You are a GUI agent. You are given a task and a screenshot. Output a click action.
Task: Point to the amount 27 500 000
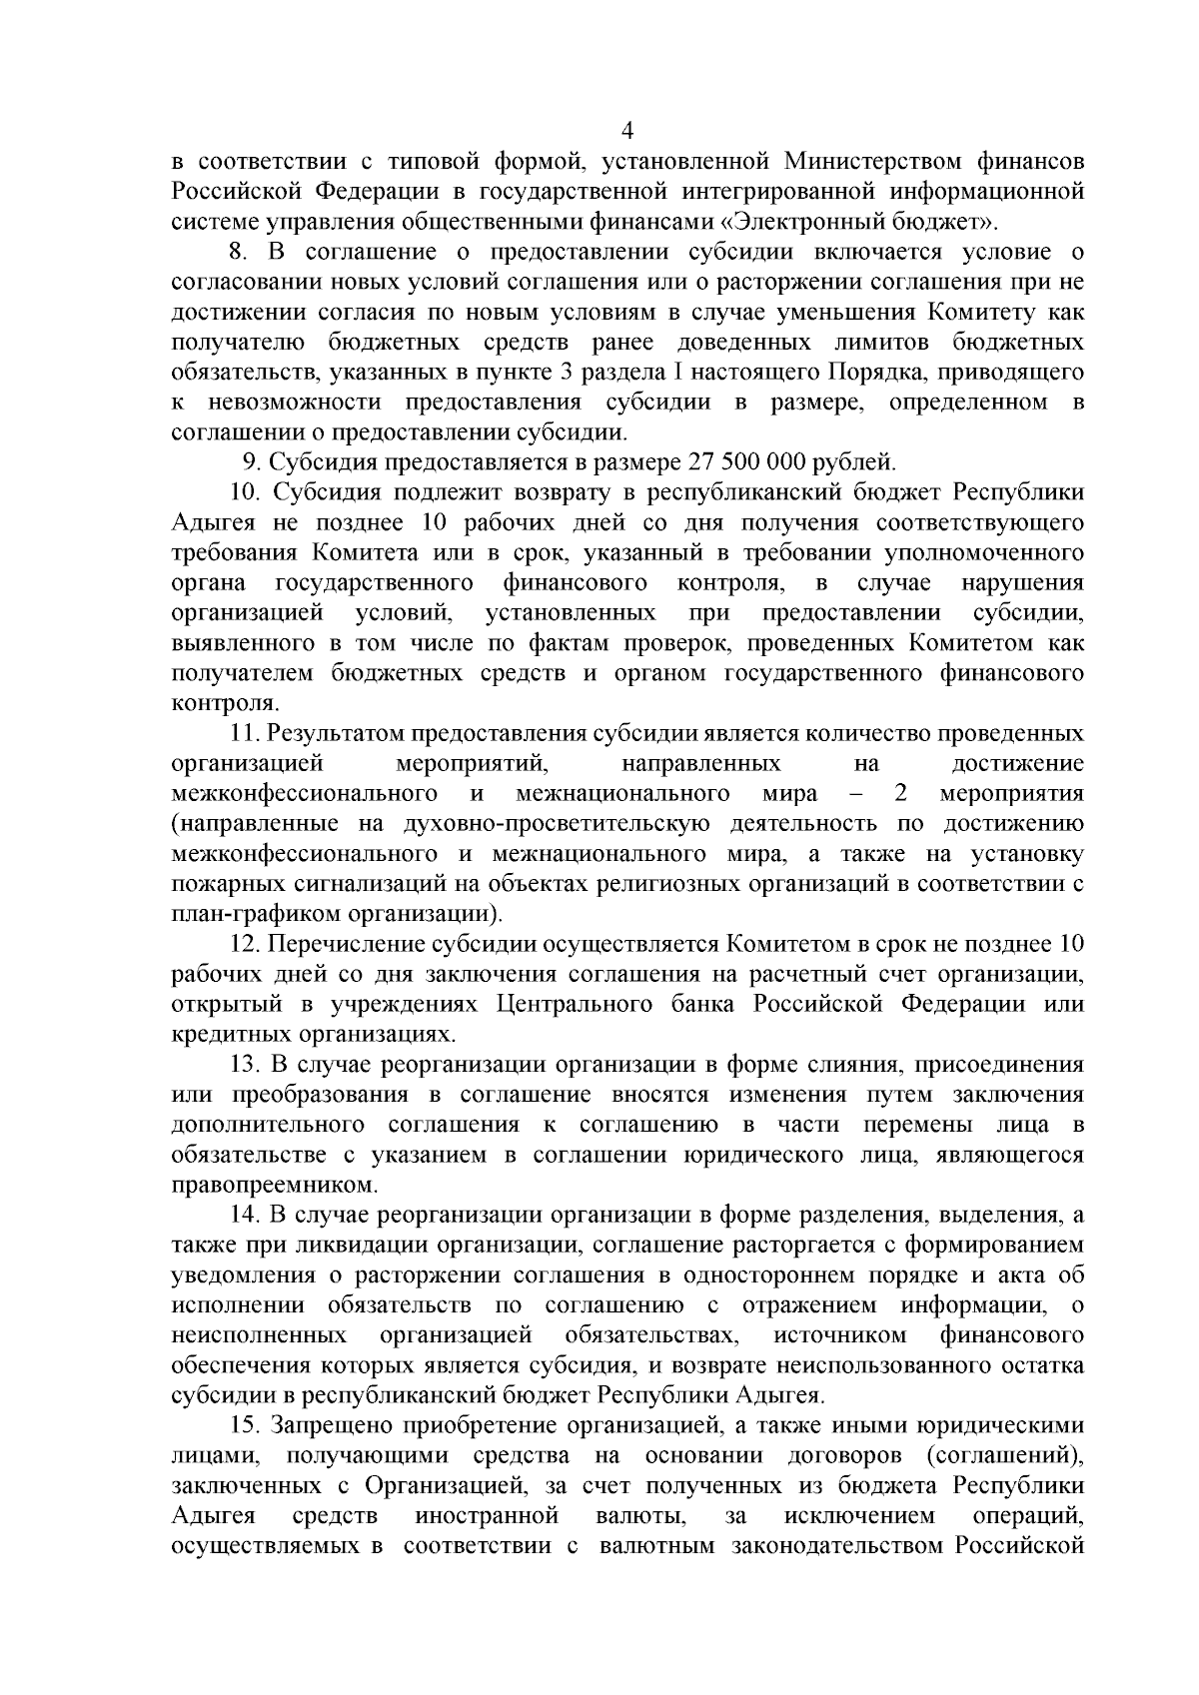pyautogui.click(x=747, y=462)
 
